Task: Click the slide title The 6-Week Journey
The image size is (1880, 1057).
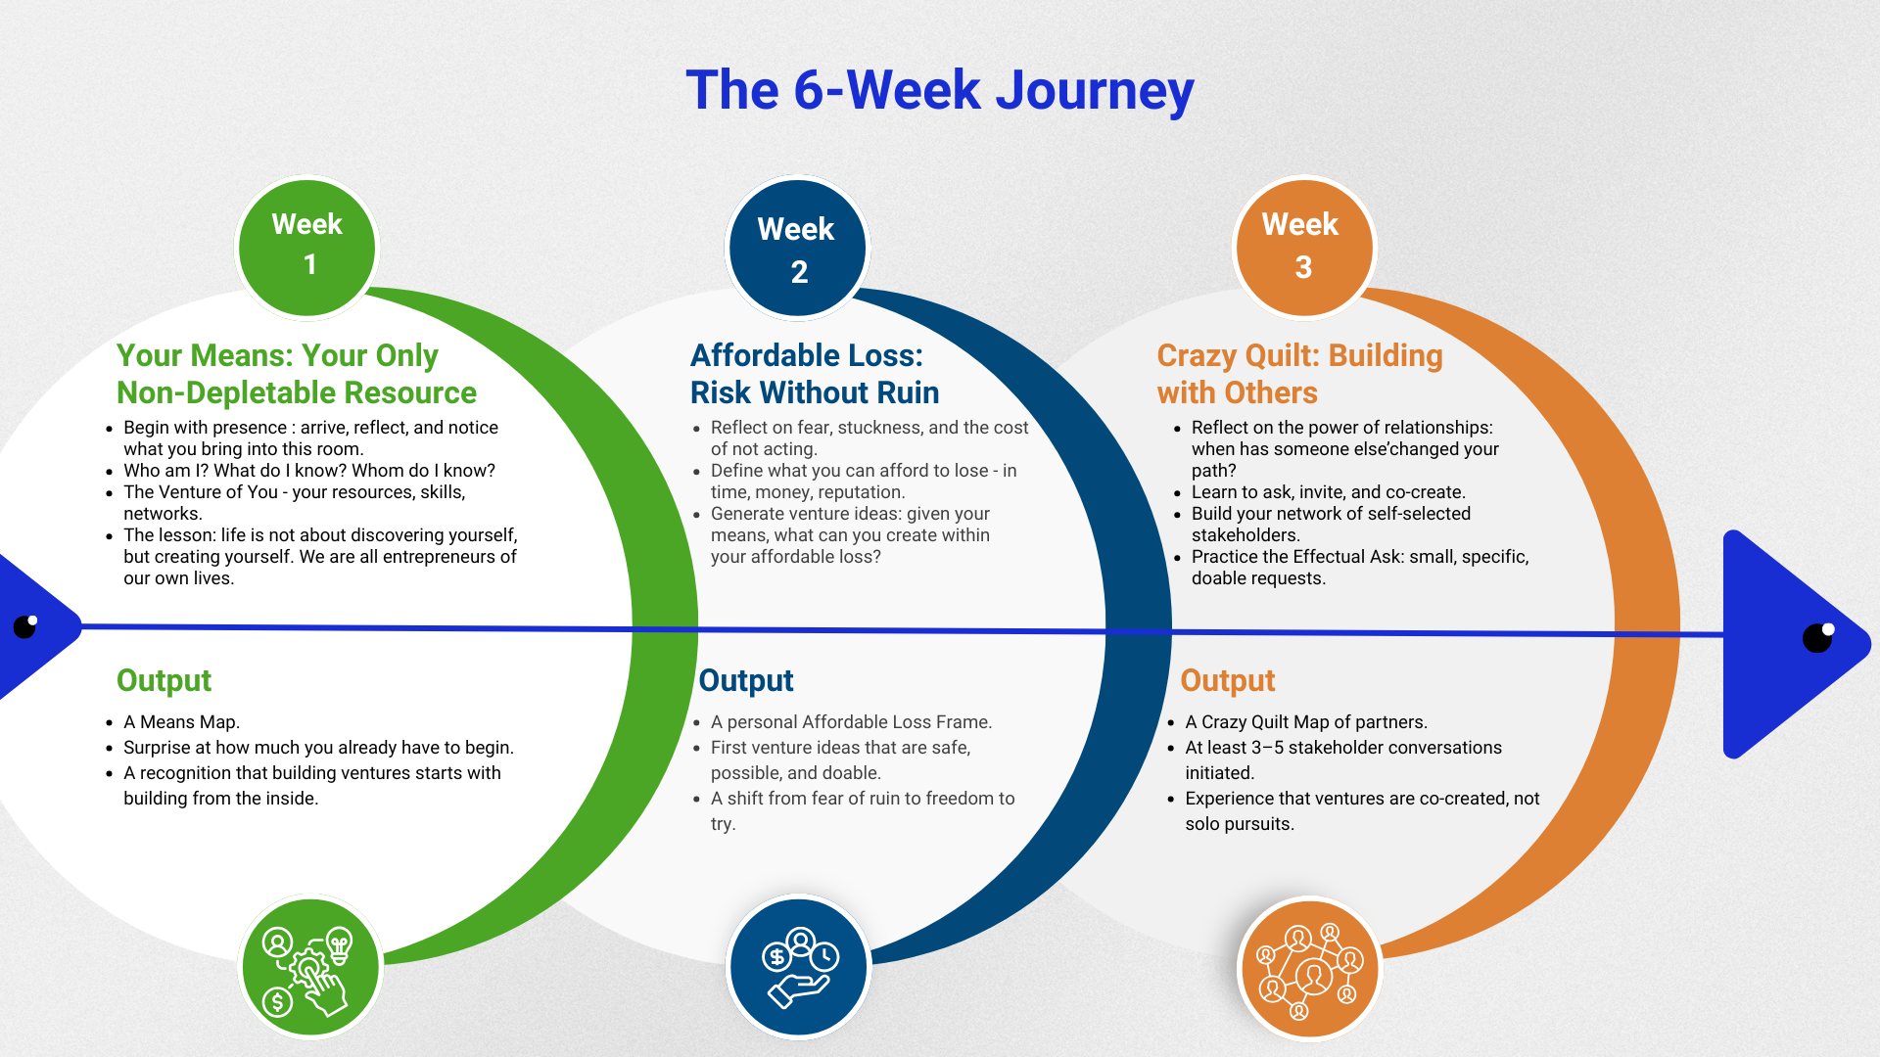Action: point(939,90)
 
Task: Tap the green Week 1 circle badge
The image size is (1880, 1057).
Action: point(307,248)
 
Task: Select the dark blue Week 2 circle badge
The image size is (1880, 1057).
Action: point(797,249)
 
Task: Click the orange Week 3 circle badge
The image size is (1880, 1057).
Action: point(1303,248)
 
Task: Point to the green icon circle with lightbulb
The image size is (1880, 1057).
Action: point(309,967)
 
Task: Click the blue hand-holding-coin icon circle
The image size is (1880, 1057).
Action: point(798,967)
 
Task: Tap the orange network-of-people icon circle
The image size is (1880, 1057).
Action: point(1309,968)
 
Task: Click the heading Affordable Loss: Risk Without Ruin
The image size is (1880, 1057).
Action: point(814,374)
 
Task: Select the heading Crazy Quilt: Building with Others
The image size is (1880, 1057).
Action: point(1299,374)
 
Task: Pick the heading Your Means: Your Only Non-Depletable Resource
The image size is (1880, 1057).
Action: point(296,374)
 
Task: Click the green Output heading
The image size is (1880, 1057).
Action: point(164,680)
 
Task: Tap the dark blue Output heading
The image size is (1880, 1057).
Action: point(745,680)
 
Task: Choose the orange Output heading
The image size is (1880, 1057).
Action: point(1227,680)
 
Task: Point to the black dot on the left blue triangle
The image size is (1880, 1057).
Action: point(25,626)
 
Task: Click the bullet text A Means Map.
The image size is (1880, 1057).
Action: point(181,722)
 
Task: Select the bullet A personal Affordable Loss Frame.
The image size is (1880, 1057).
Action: point(851,722)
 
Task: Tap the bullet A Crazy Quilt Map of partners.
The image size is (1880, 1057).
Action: point(1305,722)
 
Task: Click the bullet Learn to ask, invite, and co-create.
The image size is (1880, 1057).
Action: point(1328,492)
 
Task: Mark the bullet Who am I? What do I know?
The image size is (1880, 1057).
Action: point(308,471)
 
